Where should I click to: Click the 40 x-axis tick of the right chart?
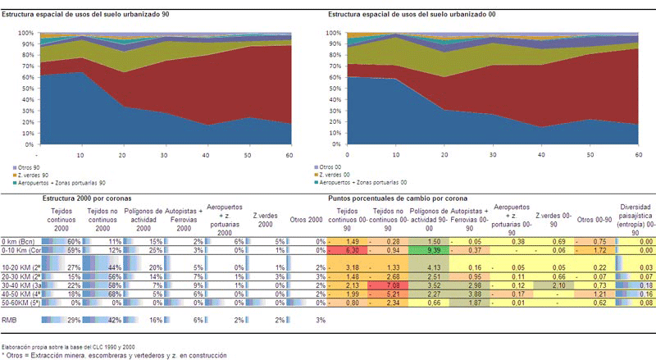(541, 153)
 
